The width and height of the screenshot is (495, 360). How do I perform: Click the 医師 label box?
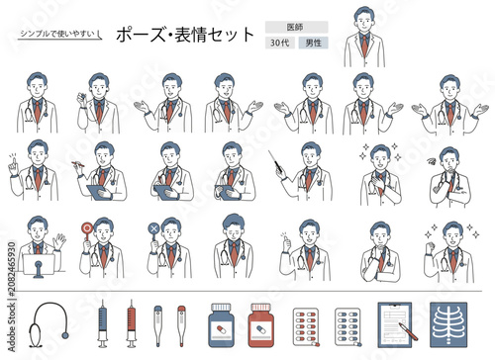[296, 27]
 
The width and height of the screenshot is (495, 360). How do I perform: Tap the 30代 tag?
[280, 43]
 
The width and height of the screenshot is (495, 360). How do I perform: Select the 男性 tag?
[313, 43]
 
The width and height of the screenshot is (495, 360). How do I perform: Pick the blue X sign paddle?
[153, 232]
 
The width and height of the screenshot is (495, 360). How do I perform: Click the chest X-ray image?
[448, 324]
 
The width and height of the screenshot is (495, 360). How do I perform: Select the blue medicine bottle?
[221, 325]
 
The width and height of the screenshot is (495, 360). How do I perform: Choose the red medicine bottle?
[260, 325]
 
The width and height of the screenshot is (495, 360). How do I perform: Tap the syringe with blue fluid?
[103, 323]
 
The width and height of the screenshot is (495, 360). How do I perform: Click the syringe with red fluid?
[132, 323]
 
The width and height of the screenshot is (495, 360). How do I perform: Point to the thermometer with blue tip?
[158, 325]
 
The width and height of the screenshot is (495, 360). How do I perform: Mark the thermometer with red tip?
[181, 325]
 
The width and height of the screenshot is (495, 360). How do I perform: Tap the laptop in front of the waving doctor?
[39, 265]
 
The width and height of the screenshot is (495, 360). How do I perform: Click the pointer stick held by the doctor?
[275, 161]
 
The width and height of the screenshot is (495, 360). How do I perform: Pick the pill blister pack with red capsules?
[306, 326]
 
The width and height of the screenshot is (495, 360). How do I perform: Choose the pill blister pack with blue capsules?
[347, 326]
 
